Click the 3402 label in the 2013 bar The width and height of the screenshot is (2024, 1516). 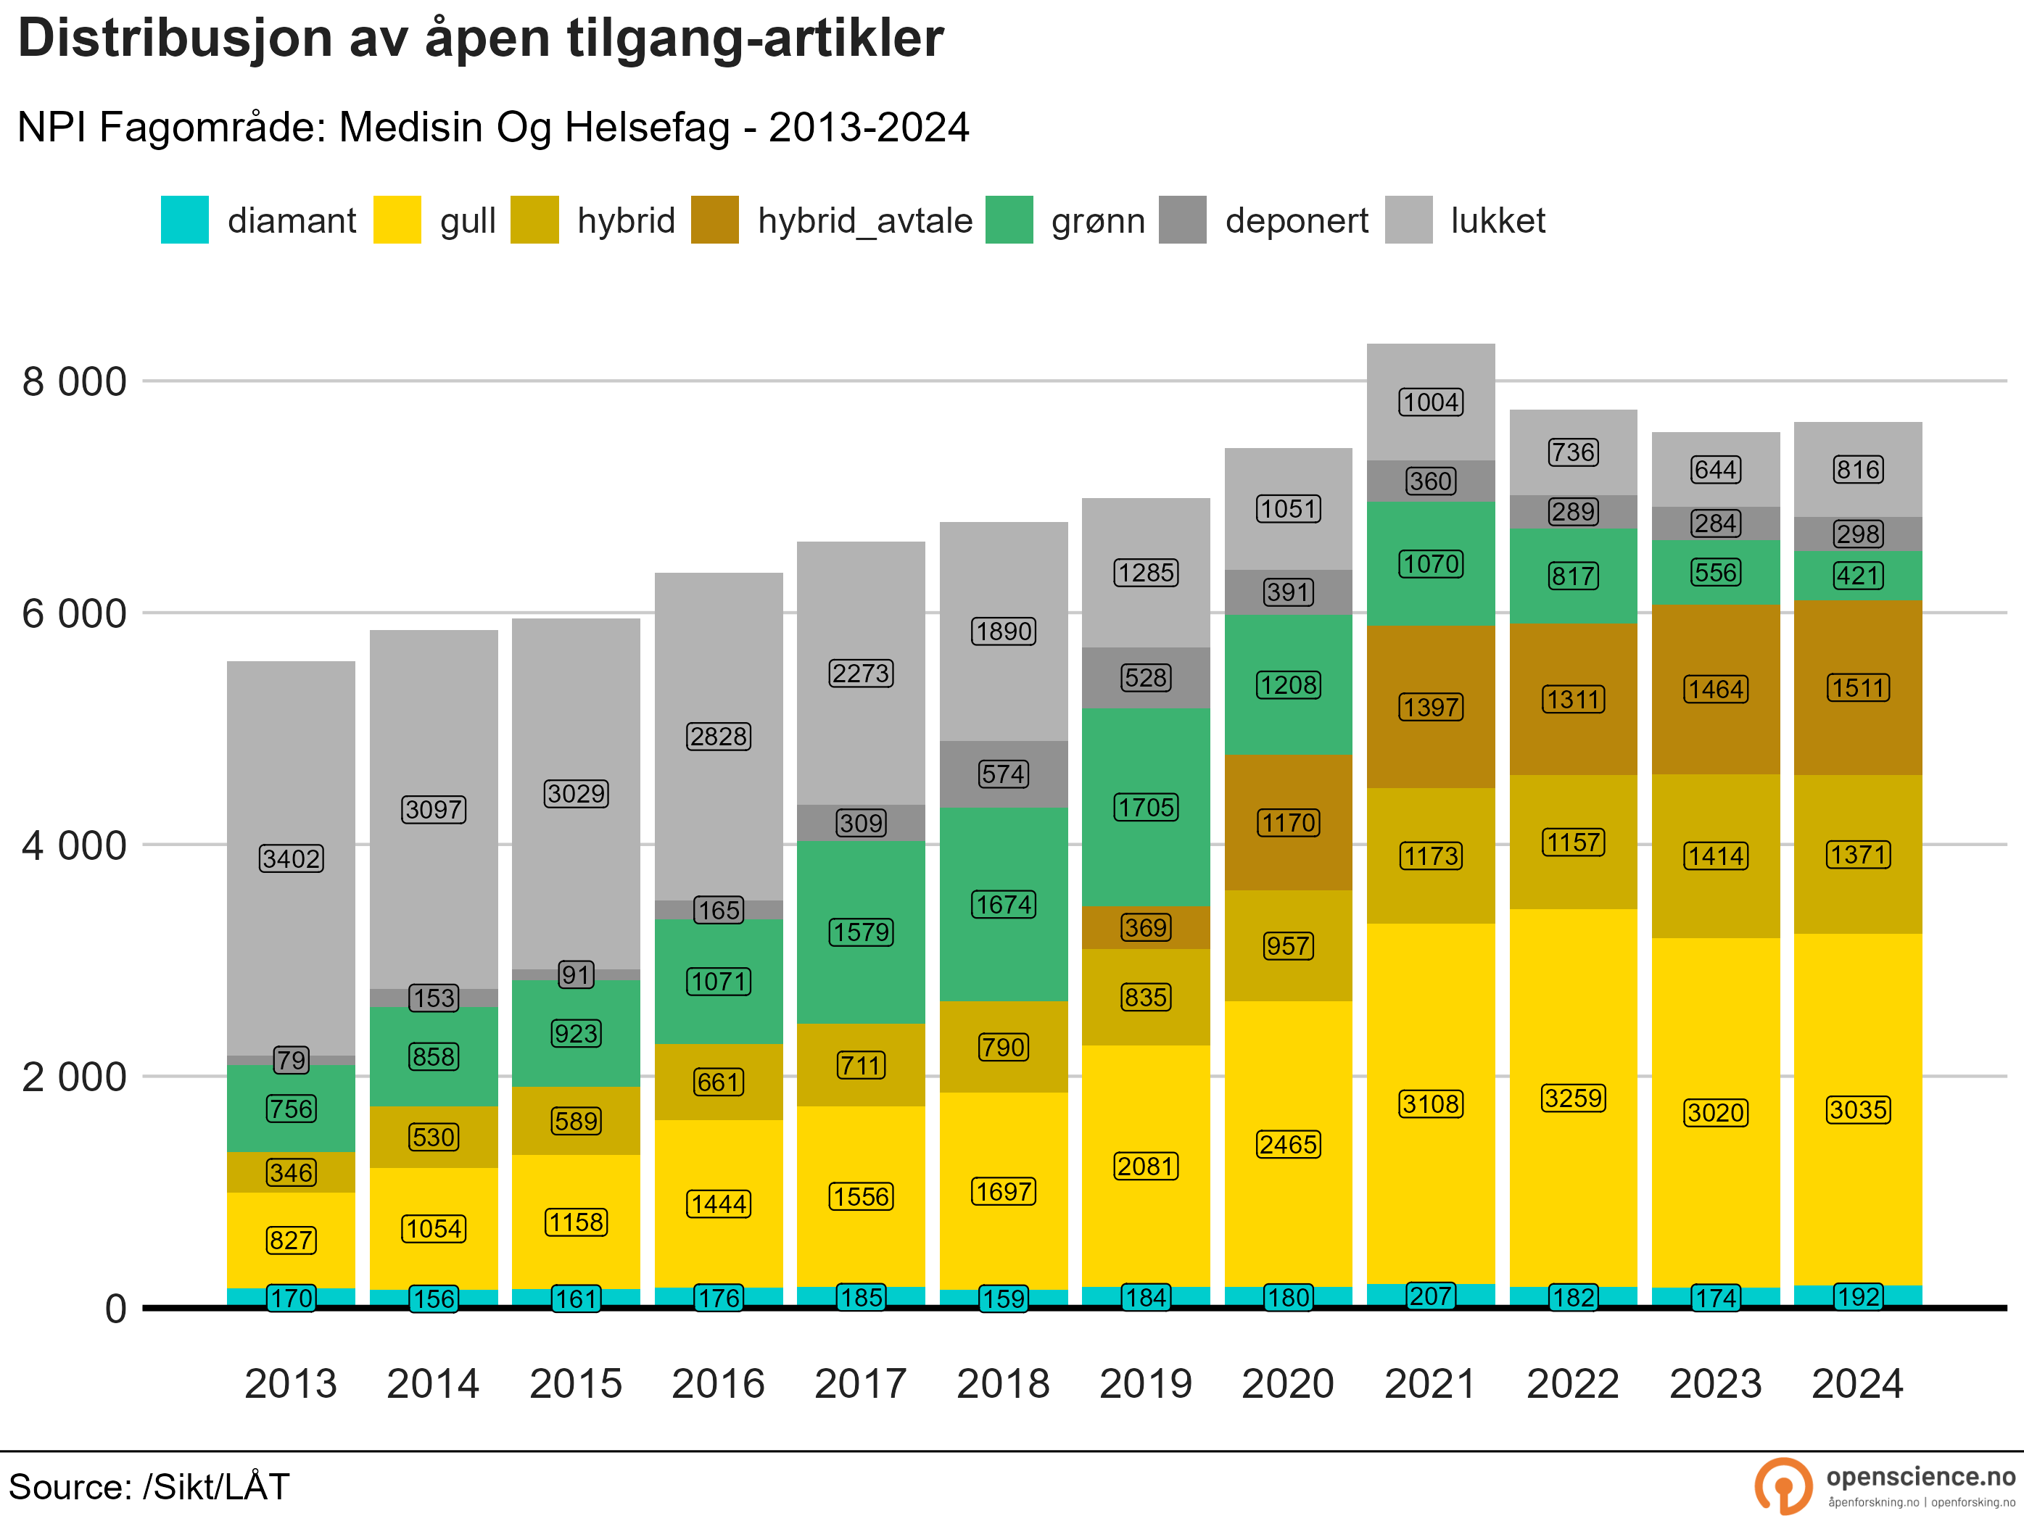291,858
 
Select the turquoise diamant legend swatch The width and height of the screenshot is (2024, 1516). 184,220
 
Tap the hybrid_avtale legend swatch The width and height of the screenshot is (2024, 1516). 714,220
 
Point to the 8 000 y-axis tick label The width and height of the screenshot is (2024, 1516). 74,381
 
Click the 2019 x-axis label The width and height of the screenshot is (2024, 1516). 1146,1383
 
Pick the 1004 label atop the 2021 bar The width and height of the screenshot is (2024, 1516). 1431,402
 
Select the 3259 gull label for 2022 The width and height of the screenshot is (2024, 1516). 1573,1098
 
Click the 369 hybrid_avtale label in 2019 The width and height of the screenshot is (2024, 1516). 1146,928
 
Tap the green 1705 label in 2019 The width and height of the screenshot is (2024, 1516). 1146,807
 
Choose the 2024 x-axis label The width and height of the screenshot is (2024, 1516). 1857,1383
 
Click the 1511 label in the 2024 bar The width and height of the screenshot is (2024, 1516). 1857,687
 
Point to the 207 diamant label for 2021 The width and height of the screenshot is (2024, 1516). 1431,1296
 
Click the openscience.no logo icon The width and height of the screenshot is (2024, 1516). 1783,1486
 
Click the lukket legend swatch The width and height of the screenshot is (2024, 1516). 1408,220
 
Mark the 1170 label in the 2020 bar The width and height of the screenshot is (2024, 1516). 1289,822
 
